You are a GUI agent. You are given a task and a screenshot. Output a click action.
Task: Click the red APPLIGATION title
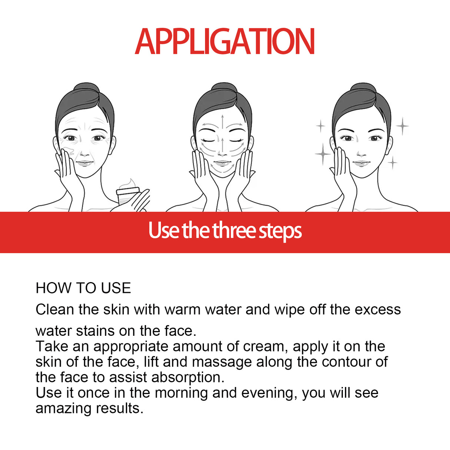225,42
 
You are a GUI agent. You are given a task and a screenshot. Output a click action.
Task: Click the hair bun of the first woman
86,89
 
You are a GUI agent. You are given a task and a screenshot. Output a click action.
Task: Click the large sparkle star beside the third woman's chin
322,153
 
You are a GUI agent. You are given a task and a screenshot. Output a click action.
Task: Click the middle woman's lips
223,163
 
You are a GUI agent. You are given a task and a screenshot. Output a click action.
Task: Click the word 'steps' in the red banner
280,231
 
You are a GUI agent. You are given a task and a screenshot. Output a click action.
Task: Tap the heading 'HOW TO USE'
83,288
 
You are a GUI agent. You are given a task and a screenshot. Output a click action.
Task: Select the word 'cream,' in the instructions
265,347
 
